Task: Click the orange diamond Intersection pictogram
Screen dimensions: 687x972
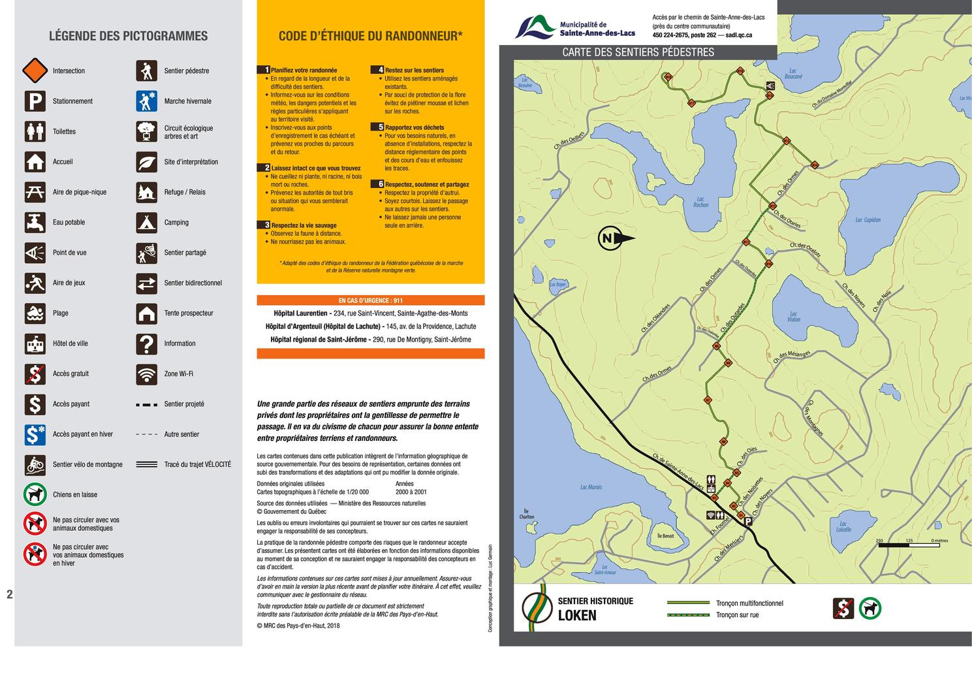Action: click(x=35, y=71)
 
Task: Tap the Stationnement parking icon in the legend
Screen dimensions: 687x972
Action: click(x=35, y=101)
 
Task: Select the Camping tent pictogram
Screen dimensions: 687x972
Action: click(x=147, y=223)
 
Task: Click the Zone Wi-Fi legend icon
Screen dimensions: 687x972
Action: click(x=147, y=374)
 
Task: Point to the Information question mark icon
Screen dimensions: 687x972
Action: click(x=147, y=343)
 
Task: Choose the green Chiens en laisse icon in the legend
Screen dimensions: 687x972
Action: click(x=35, y=494)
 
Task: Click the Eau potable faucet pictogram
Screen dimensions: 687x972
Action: click(x=35, y=223)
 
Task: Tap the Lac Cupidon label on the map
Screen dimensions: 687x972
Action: click(x=868, y=220)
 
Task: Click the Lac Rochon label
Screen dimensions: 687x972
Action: click(x=700, y=202)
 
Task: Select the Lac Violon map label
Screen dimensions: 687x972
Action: click(x=793, y=317)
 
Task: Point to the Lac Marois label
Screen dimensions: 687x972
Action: click(x=591, y=487)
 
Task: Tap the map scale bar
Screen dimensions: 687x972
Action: click(x=909, y=545)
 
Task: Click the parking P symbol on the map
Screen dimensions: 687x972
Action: click(x=748, y=521)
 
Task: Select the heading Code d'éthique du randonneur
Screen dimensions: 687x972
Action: click(x=370, y=37)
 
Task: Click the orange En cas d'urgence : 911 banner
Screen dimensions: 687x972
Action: click(x=370, y=300)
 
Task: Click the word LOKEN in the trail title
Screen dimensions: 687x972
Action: click(x=577, y=615)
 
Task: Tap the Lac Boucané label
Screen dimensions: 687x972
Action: click(x=793, y=74)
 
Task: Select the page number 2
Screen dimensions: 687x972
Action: click(x=9, y=594)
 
